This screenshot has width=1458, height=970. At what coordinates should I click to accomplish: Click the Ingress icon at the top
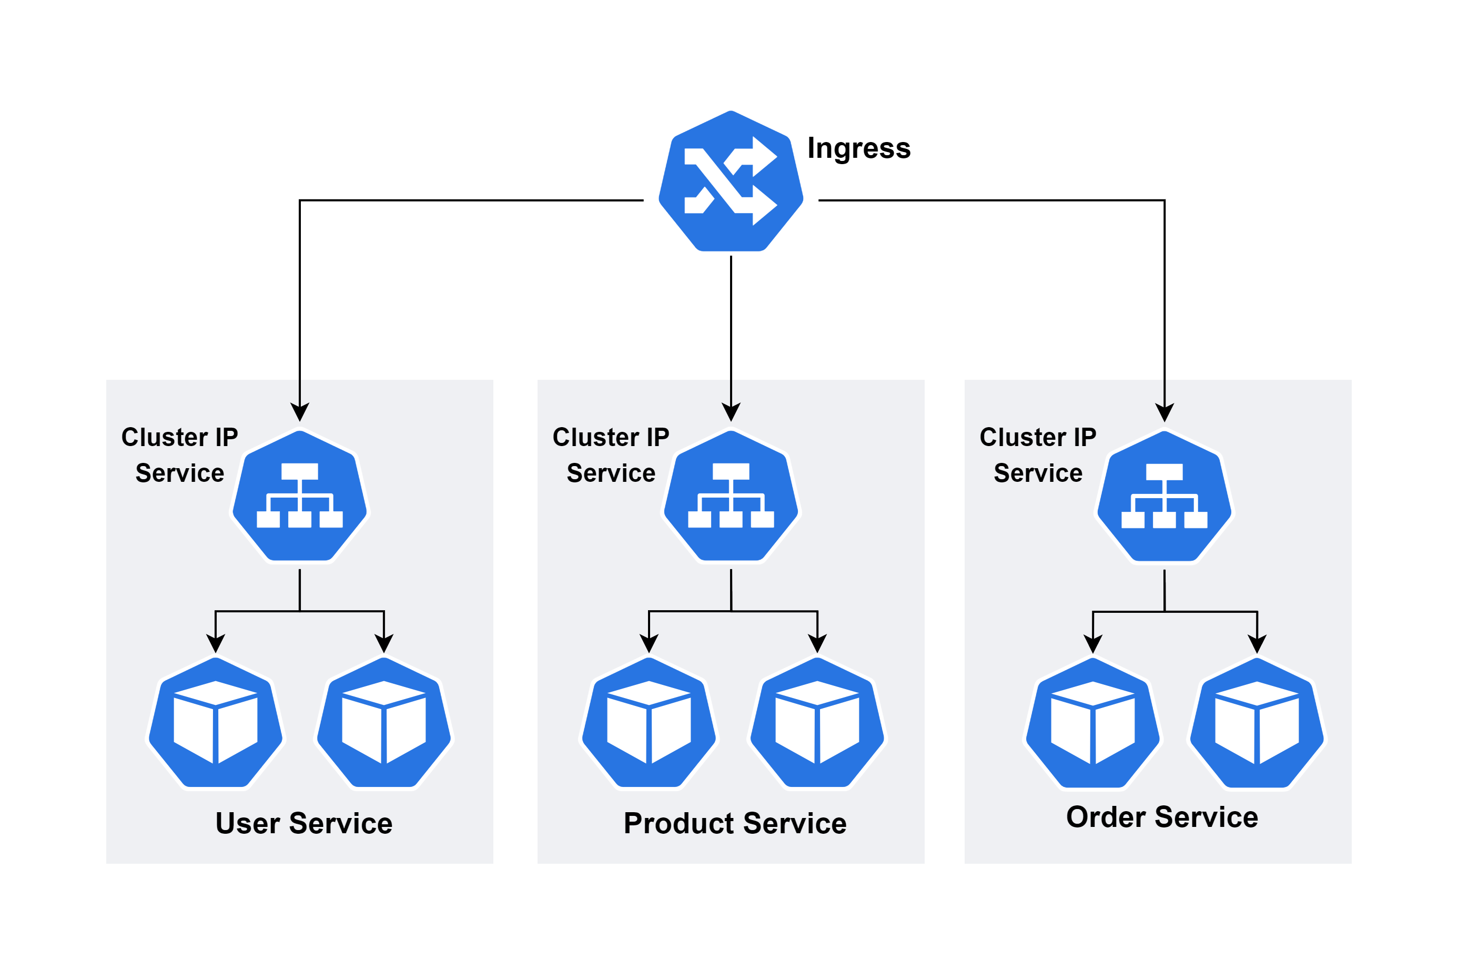coord(731,182)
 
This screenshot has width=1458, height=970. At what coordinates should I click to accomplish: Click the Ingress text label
coord(858,148)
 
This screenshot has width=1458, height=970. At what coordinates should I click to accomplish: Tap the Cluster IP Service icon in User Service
coord(299,496)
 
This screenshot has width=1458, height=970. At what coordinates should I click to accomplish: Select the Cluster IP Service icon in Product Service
coord(731,496)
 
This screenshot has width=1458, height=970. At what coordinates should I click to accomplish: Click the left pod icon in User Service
coord(215,723)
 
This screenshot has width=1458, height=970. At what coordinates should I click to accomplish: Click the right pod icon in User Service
coord(383,723)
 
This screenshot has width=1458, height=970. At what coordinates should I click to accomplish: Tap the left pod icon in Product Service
coord(649,723)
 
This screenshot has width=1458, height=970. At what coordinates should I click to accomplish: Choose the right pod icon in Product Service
coord(817,723)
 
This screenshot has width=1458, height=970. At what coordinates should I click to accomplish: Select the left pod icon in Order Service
coord(1093,723)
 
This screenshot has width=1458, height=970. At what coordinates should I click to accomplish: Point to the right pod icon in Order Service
coord(1257,723)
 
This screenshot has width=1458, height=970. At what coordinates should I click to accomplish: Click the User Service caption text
coord(303,823)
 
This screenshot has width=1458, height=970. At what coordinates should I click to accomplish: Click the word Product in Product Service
coord(679,823)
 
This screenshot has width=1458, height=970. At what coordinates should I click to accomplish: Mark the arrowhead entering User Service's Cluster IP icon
coord(299,412)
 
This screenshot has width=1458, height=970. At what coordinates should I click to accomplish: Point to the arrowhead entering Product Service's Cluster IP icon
coord(731,412)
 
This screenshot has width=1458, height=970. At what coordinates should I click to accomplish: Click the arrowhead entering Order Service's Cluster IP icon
coord(1164,412)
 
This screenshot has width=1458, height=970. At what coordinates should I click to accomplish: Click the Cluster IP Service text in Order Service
coord(1037,454)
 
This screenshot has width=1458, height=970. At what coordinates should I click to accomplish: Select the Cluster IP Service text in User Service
coord(179,454)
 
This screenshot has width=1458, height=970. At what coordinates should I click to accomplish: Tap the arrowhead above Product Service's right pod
coord(817,643)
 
